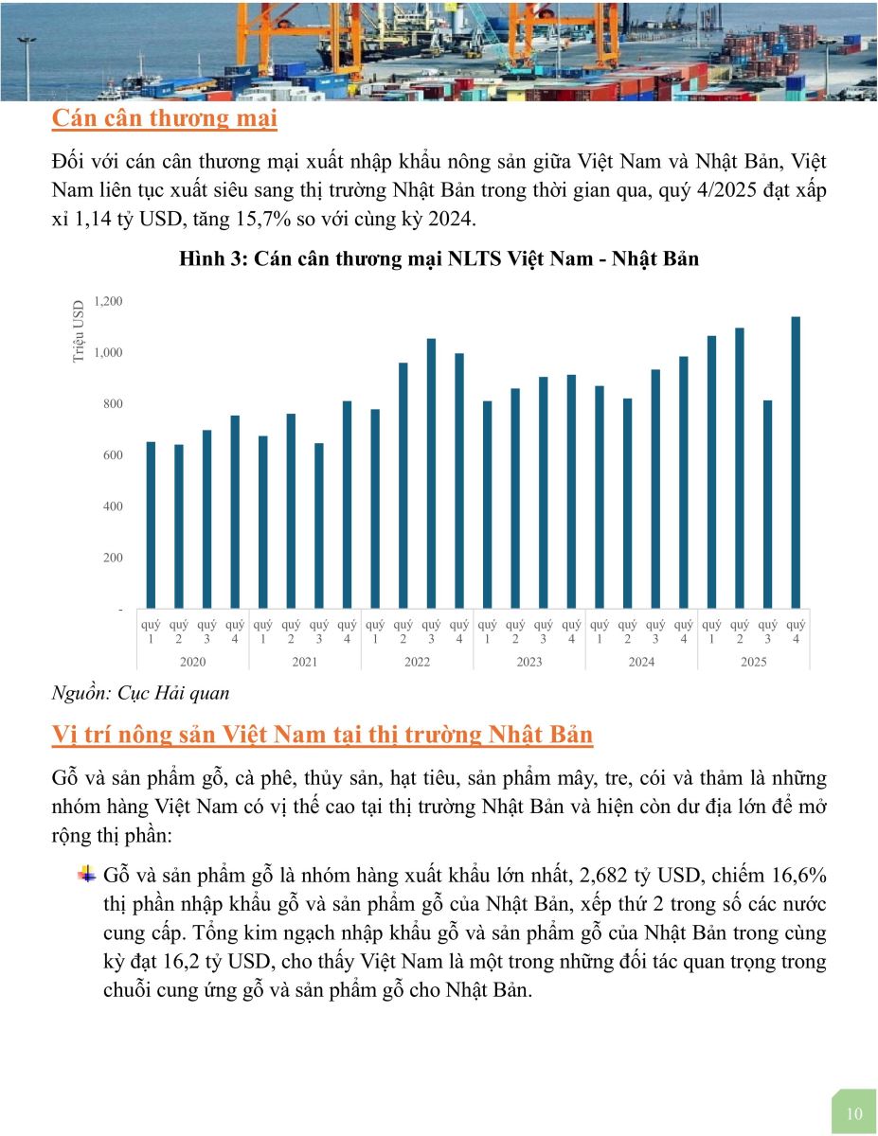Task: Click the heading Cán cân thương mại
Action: pos(165,119)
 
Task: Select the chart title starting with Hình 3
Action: pos(439,258)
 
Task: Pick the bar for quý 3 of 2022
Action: pos(431,473)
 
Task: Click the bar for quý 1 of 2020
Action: pos(151,524)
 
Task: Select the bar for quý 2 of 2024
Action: pos(627,503)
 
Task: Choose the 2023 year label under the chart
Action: pos(529,662)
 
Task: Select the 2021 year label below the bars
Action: pos(305,662)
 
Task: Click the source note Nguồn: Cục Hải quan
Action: pos(141,693)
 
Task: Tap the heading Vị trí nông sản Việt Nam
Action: pos(322,736)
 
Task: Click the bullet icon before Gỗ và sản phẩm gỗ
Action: pos(87,873)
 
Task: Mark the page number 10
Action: pos(854,1113)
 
